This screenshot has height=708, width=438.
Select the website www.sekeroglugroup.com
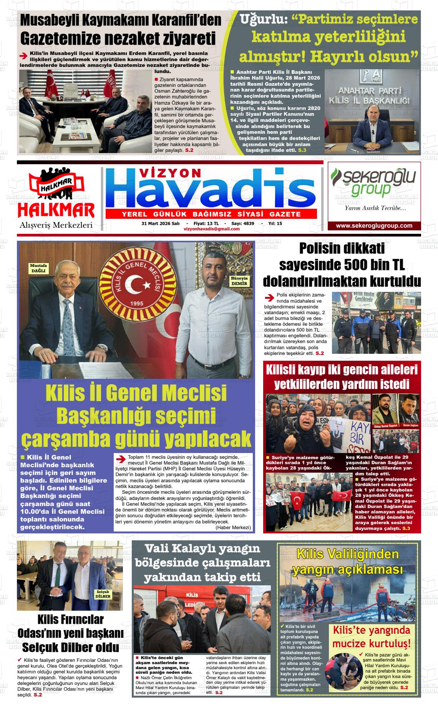tap(374, 226)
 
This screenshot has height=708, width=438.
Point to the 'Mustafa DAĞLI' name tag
tap(38, 268)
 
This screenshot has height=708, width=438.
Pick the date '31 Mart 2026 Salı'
tap(161, 223)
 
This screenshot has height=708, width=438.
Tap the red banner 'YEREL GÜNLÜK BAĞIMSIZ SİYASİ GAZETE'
tap(211, 214)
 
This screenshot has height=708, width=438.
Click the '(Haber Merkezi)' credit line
tap(233, 527)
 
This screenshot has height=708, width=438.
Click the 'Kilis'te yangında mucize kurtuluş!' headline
tap(372, 637)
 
